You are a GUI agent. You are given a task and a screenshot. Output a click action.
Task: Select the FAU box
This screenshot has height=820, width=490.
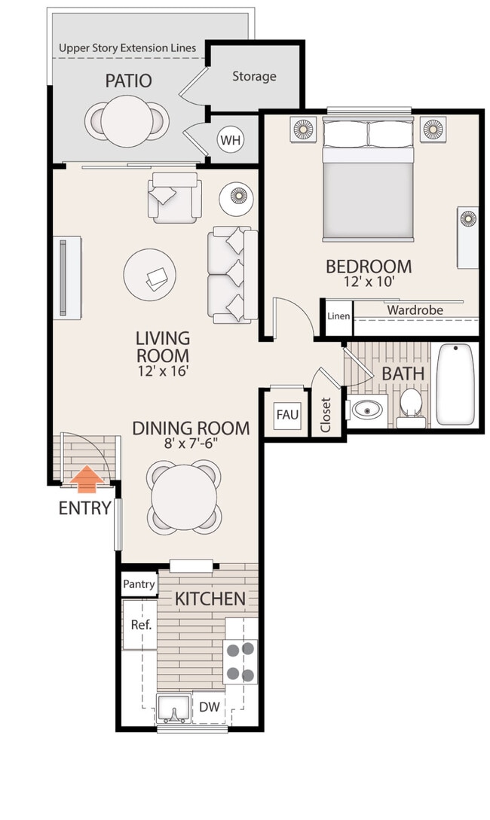[x=287, y=415]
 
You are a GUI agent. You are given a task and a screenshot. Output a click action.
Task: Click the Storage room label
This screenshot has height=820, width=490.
[x=254, y=76]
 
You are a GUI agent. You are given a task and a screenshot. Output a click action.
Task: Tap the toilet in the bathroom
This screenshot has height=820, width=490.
[x=411, y=404]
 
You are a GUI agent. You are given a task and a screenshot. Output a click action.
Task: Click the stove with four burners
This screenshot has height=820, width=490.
[x=240, y=661]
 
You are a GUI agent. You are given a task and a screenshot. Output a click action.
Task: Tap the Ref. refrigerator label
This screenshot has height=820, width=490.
[x=141, y=624]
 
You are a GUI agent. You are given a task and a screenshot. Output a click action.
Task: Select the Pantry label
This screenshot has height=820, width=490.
[x=139, y=584]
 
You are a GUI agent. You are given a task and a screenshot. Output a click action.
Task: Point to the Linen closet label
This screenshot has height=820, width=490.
[x=338, y=316]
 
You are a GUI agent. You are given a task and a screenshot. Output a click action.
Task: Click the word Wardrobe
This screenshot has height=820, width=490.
[x=415, y=309]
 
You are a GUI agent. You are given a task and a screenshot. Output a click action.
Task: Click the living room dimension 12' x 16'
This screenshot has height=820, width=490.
[x=162, y=370]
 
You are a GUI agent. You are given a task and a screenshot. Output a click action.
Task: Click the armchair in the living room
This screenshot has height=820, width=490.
[x=176, y=197]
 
